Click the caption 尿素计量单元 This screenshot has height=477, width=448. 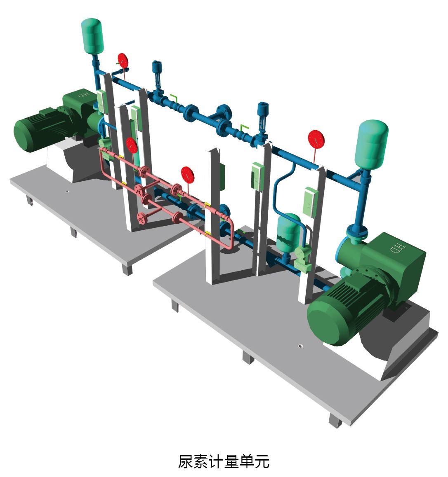(224, 461)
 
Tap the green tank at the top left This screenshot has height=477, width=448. (92, 35)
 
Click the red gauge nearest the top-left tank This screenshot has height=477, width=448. (123, 61)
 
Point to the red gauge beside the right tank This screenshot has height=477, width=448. (316, 139)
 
